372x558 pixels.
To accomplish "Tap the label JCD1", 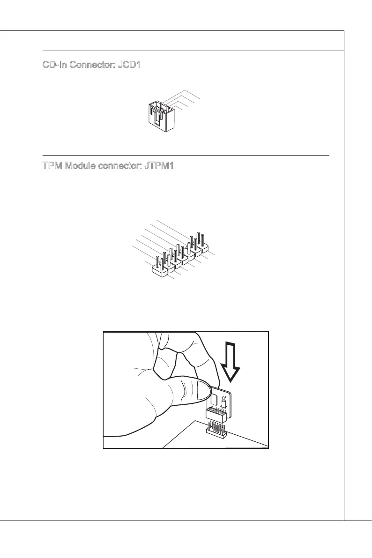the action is coord(129,64).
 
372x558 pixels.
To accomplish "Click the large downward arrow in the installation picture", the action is coord(231,361).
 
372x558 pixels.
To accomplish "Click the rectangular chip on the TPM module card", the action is coord(214,399).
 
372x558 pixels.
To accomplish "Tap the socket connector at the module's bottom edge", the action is coord(216,414).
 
